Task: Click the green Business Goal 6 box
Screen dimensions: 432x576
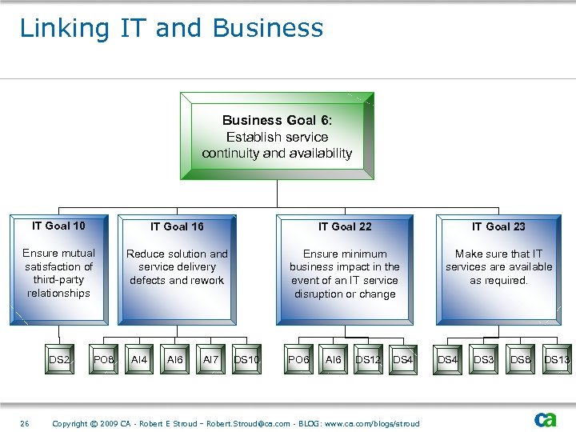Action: click(x=277, y=136)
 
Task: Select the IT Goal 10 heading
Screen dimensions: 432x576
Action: click(x=58, y=226)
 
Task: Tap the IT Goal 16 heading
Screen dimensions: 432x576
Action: click(x=177, y=226)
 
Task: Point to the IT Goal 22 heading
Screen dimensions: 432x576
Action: click(x=345, y=226)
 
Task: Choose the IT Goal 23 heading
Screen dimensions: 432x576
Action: click(x=498, y=226)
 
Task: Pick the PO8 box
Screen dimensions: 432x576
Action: click(x=104, y=361)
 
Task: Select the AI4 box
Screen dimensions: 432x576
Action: click(x=139, y=361)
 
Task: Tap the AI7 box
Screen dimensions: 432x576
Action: click(x=210, y=361)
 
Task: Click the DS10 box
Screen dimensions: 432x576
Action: click(x=246, y=361)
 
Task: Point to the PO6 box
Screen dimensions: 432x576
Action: click(x=298, y=361)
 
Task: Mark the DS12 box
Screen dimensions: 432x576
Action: click(x=368, y=361)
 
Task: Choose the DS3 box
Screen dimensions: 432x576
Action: click(x=483, y=361)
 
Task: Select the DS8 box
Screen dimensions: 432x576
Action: click(x=520, y=361)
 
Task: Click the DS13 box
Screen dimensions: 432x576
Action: click(x=557, y=361)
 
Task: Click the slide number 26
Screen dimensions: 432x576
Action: click(x=25, y=423)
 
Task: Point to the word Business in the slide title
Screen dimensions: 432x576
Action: click(x=268, y=28)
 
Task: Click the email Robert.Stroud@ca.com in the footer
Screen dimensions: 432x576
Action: click(x=250, y=423)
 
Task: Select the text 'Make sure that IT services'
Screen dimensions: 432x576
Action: click(x=498, y=260)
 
